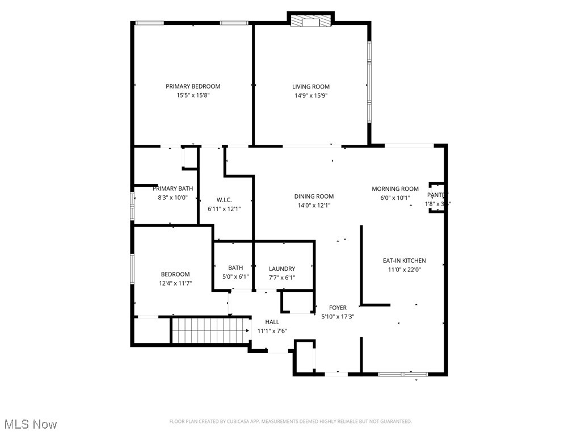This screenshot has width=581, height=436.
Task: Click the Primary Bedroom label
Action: pos(193,86)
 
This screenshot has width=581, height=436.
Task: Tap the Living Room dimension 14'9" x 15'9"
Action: pos(311,95)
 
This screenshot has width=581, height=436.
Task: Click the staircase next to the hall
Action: pos(210,330)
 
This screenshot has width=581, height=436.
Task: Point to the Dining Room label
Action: pos(314,196)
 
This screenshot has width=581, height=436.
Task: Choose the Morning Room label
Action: pos(395,189)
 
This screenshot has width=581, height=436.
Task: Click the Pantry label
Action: pos(437,195)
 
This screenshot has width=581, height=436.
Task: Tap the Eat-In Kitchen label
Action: pos(404,261)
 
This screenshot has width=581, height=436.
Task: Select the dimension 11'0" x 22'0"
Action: pos(404,270)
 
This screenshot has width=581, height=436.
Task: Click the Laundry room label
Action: pos(282,269)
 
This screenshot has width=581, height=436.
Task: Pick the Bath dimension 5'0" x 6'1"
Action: pos(235,277)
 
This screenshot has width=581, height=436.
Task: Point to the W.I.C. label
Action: pos(224,200)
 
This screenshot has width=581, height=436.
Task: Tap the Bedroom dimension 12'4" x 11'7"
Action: pos(175,283)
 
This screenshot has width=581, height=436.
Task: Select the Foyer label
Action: pos(338,308)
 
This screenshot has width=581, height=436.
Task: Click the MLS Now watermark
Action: pos(30,424)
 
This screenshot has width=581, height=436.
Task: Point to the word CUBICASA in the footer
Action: pos(233,421)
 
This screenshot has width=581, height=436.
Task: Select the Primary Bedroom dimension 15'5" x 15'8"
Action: pos(193,95)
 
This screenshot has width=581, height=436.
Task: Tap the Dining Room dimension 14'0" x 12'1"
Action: pos(314,206)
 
